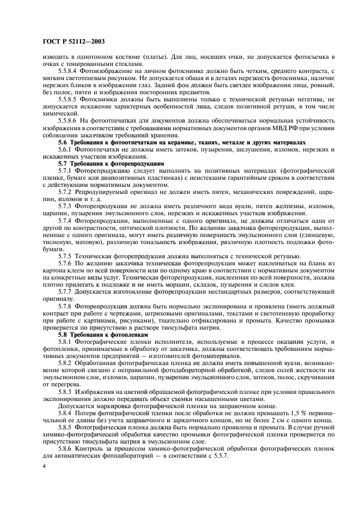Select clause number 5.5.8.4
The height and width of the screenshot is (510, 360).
[69, 71]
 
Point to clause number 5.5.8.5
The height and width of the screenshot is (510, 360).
[69, 101]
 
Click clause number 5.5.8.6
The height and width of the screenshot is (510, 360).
[69, 119]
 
